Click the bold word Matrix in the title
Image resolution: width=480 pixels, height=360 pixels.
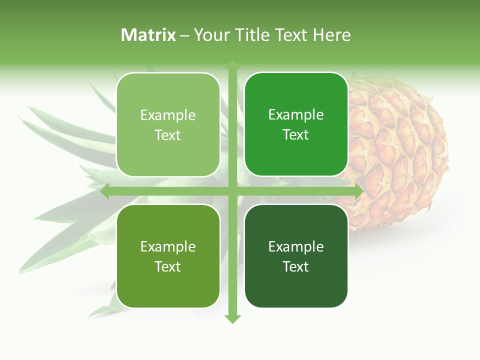148,35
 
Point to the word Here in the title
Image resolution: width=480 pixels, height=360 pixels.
331,35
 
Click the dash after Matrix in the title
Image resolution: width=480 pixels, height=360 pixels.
184,35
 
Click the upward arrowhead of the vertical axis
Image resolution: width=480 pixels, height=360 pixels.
232,64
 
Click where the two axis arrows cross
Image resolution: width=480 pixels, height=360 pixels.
232,192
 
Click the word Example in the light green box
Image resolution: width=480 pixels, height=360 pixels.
168,115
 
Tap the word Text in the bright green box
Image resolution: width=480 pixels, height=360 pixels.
296,135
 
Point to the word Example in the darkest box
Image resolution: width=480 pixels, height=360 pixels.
296,246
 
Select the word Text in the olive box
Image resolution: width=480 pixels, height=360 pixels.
168,266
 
